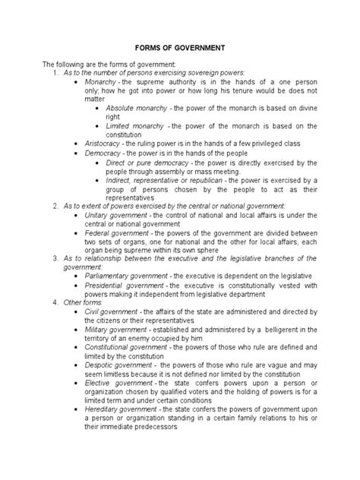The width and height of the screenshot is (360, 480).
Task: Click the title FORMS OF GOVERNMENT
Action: click(179, 48)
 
